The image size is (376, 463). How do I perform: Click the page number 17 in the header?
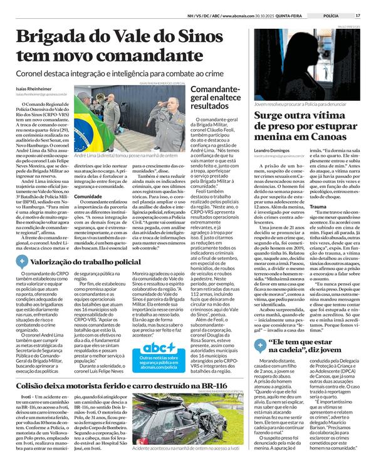[358, 16]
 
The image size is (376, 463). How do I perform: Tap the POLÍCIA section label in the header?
[332, 16]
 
